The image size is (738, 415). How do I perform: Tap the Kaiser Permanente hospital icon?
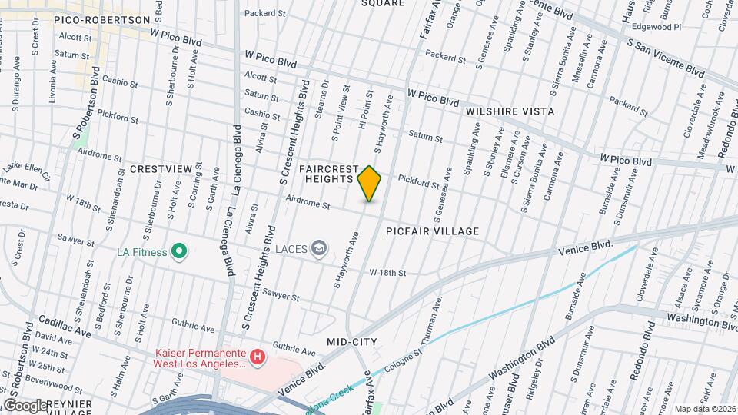(x=258, y=357)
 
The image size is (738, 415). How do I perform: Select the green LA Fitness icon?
(x=179, y=251)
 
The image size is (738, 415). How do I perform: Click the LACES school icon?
(x=319, y=248)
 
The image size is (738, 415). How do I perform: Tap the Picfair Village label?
(x=433, y=231)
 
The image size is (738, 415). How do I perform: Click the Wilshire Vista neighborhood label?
(x=510, y=111)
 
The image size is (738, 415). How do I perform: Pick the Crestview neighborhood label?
(x=160, y=168)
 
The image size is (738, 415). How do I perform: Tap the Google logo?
(x=25, y=404)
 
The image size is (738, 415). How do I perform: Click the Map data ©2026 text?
(x=704, y=409)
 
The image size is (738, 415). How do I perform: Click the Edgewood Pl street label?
(x=656, y=26)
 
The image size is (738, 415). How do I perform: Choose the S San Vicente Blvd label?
(x=666, y=58)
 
